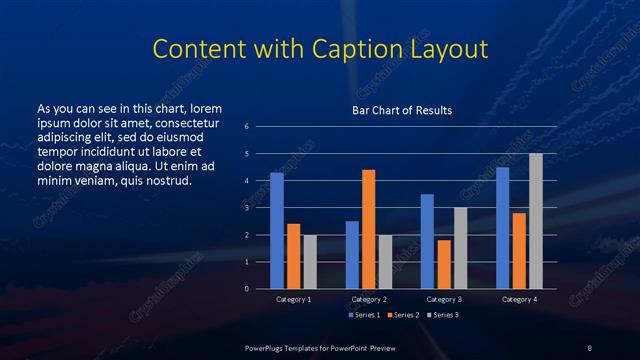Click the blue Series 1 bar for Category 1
(x=277, y=231)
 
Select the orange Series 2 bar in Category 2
(x=368, y=229)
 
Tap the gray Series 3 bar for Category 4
(x=535, y=221)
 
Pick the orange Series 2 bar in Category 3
(x=444, y=264)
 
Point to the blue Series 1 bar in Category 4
(x=502, y=228)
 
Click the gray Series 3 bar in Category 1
(x=310, y=262)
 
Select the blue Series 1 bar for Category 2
(x=352, y=255)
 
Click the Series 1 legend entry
(x=363, y=315)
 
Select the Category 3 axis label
(x=443, y=299)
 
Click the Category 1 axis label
(x=294, y=299)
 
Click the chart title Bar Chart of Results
(x=402, y=110)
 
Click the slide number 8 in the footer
(x=589, y=346)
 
